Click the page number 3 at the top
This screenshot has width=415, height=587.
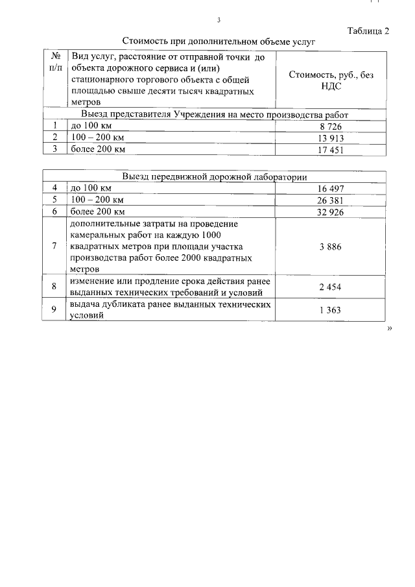pyautogui.click(x=219, y=19)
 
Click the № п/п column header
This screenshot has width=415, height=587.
pyautogui.click(x=56, y=62)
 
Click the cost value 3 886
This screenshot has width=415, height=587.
pyautogui.click(x=330, y=247)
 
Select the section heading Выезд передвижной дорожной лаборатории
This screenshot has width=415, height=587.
pyautogui.click(x=215, y=177)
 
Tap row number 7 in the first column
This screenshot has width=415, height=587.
pyautogui.click(x=55, y=247)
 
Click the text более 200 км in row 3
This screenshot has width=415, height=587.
pyautogui.click(x=97, y=150)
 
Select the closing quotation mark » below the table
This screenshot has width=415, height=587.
pyautogui.click(x=390, y=329)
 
